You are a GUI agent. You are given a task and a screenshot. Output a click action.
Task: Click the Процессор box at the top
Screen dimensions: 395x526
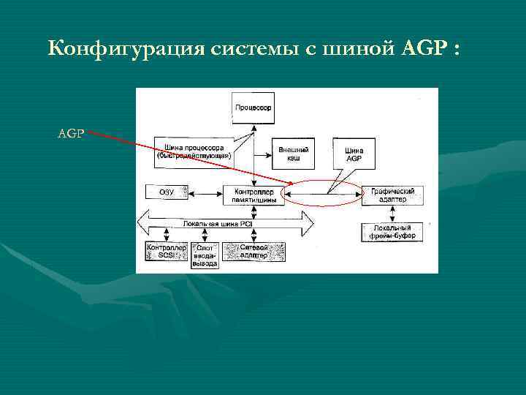pos(253,108)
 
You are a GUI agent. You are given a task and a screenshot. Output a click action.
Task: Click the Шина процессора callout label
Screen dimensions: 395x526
pos(194,151)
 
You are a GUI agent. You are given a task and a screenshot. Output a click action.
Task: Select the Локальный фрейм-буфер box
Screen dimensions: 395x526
pos(392,233)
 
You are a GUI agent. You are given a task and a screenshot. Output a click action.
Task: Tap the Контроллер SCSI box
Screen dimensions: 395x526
pos(167,252)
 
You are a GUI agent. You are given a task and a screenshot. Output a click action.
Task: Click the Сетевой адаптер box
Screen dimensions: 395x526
pos(254,252)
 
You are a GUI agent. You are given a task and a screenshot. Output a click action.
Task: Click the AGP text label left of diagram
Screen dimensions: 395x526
pos(72,134)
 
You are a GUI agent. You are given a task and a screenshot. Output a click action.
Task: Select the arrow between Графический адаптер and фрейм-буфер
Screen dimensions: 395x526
pos(392,214)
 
